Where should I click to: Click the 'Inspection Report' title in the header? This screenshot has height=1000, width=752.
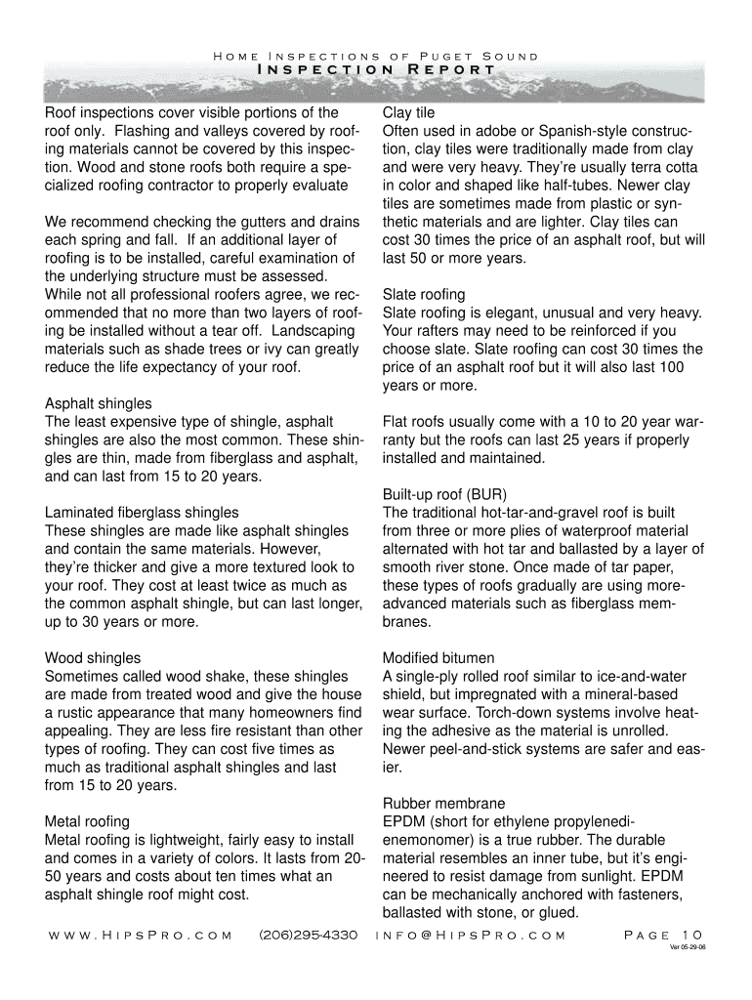[376, 70]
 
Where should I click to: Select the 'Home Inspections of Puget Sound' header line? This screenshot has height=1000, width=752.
[376, 56]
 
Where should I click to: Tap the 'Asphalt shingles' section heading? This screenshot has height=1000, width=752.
[99, 403]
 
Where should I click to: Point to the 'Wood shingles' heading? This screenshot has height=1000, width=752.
[93, 657]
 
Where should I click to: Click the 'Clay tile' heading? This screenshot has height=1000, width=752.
[409, 113]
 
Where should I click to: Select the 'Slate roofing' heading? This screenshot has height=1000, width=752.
[424, 294]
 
